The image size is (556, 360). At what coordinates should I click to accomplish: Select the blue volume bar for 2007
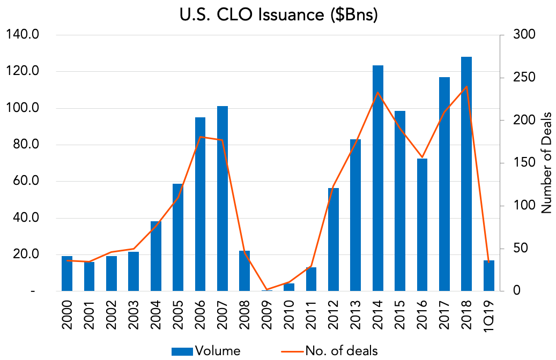click(x=223, y=198)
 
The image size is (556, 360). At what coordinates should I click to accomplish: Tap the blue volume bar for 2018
click(x=466, y=174)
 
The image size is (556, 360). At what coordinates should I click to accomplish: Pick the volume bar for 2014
click(x=377, y=178)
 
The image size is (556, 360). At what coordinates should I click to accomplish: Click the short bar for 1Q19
click(x=488, y=276)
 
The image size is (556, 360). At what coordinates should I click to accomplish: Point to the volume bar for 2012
click(x=333, y=239)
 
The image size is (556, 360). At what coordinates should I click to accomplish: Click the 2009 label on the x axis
click(x=266, y=314)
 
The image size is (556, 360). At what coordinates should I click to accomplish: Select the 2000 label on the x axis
click(x=67, y=314)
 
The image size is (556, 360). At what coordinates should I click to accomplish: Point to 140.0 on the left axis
click(x=23, y=35)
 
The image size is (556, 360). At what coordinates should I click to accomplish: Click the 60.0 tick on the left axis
click(x=26, y=181)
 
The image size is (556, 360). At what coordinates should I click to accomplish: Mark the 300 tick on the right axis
click(x=524, y=35)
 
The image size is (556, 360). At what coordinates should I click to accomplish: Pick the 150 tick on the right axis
click(x=524, y=163)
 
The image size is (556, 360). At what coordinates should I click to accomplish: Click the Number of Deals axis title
click(x=546, y=163)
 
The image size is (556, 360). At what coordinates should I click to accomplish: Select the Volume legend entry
click(x=206, y=351)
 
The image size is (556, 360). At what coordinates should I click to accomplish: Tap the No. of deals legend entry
click(x=329, y=351)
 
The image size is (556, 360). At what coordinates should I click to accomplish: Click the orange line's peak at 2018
click(x=466, y=86)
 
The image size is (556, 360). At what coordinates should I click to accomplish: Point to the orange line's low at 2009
click(x=266, y=290)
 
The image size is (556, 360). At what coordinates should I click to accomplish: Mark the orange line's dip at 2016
click(x=422, y=157)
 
